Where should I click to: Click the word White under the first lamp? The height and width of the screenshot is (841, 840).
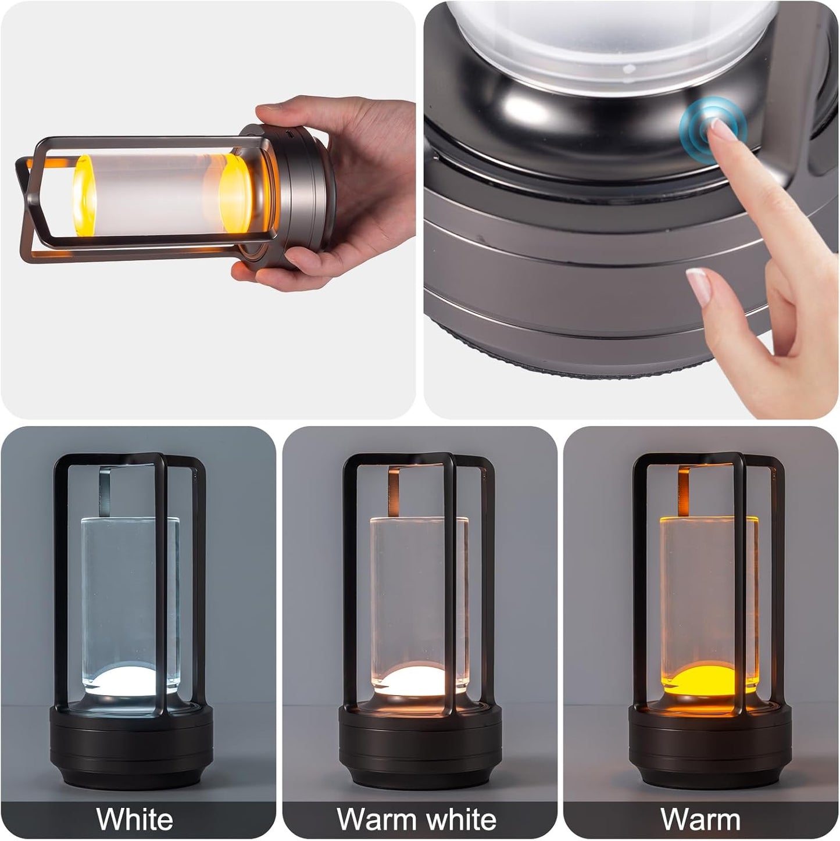click(x=135, y=819)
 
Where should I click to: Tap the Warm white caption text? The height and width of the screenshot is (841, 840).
click(x=416, y=819)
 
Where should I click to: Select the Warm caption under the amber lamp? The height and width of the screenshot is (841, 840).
click(x=700, y=819)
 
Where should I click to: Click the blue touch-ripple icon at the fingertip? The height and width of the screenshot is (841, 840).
click(x=712, y=123)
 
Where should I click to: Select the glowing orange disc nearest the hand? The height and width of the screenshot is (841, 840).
click(x=235, y=195)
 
